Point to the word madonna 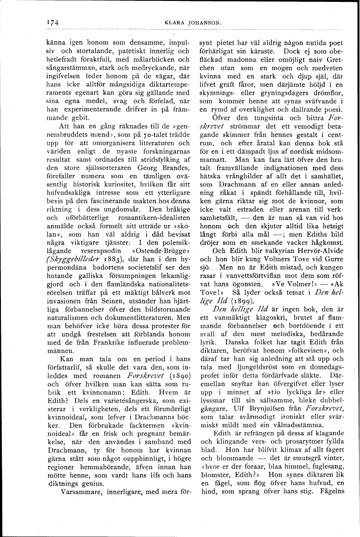[242, 60]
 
